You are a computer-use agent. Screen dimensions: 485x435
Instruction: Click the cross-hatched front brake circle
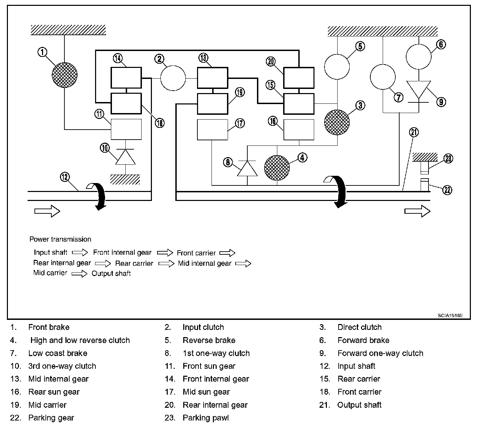(65, 75)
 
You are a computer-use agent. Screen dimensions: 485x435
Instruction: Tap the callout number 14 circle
(118, 58)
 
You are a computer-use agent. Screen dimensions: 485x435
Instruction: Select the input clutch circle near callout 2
(173, 78)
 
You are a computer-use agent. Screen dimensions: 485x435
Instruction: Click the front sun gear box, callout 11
(126, 129)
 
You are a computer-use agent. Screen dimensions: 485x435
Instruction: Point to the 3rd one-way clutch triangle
(125, 157)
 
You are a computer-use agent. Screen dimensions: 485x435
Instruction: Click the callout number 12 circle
(65, 177)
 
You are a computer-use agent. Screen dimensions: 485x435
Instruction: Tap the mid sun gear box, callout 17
(212, 130)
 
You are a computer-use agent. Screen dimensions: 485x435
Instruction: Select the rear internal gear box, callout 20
(299, 78)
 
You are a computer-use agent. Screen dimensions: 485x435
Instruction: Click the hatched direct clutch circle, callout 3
(337, 122)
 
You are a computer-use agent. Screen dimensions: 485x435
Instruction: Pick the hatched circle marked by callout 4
(277, 168)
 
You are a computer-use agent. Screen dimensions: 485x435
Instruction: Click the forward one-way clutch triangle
(419, 90)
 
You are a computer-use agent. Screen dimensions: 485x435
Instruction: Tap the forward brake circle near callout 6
(419, 57)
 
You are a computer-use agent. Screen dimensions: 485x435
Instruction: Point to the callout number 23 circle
(448, 158)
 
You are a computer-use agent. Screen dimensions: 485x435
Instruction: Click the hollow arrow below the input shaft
(47, 211)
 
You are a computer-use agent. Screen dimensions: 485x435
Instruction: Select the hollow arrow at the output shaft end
(417, 211)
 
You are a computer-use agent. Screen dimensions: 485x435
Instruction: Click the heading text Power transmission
(60, 239)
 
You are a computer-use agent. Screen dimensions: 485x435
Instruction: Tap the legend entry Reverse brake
(209, 340)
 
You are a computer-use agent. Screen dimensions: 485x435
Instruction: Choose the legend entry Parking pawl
(206, 418)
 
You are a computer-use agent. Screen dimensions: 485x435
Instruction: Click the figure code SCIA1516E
(450, 315)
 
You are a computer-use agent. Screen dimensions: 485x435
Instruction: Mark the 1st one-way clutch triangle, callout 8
(247, 169)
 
